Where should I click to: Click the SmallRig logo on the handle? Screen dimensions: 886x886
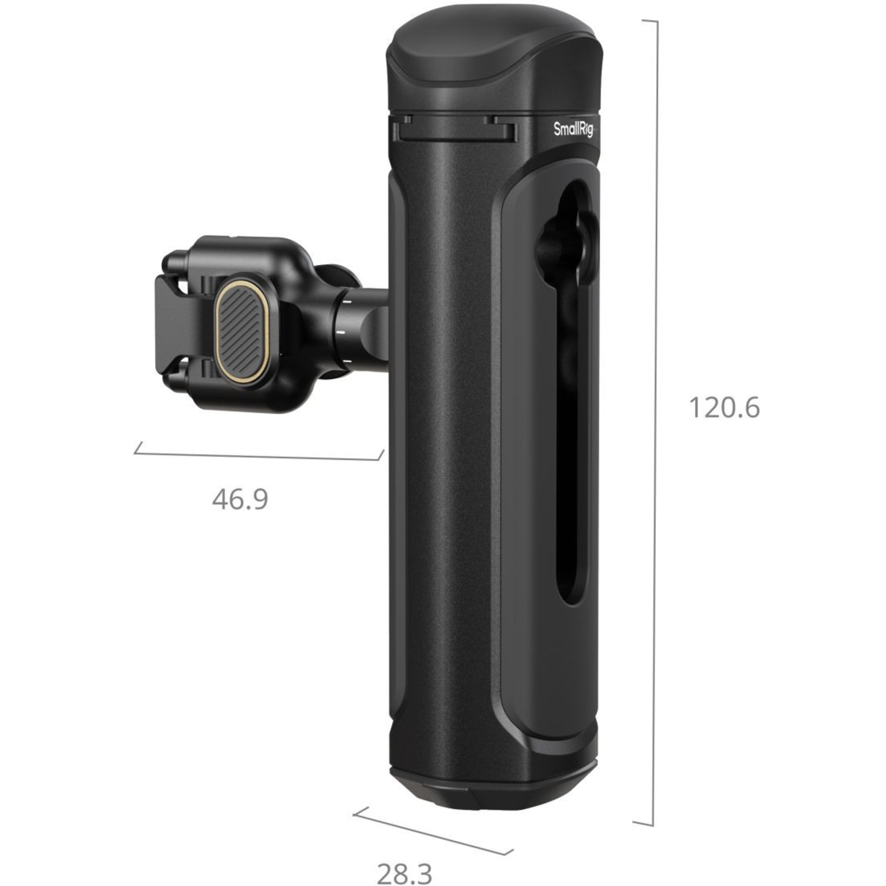pyautogui.click(x=572, y=129)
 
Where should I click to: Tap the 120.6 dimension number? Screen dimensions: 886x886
pyautogui.click(x=724, y=408)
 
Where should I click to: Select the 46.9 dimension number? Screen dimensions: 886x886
pyautogui.click(x=240, y=500)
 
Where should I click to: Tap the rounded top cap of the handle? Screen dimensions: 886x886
pyautogui.click(x=493, y=65)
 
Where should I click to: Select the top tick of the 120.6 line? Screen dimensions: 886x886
pyautogui.click(x=649, y=21)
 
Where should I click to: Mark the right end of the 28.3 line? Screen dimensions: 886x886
pyautogui.click(x=509, y=852)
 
